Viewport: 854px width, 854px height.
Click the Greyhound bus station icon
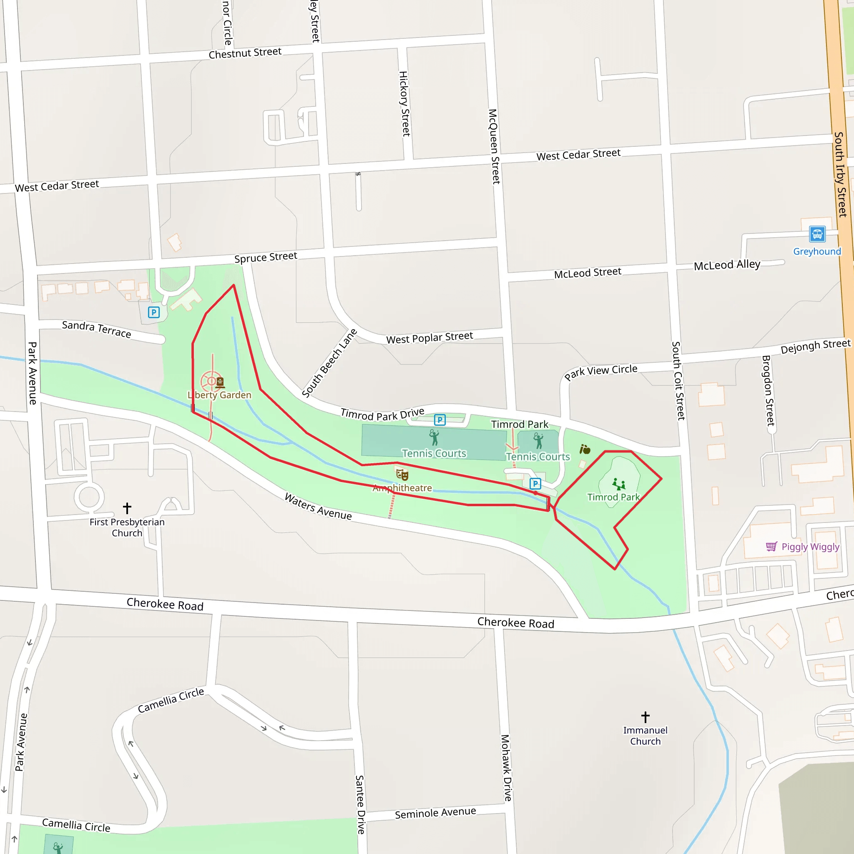click(x=817, y=234)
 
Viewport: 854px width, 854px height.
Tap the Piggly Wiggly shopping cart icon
click(x=771, y=547)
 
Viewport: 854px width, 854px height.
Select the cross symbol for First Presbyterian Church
click(x=127, y=508)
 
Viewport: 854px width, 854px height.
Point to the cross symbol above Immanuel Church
click(x=646, y=716)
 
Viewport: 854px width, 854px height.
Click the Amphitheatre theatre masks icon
click(x=402, y=475)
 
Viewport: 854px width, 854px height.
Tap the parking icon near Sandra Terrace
click(x=154, y=312)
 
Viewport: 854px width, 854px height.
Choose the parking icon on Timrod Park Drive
click(x=440, y=419)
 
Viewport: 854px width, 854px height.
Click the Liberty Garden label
click(x=220, y=395)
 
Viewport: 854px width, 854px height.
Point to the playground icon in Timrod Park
click(x=618, y=484)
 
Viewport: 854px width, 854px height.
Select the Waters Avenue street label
click(x=318, y=506)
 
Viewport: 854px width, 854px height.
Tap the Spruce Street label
click(x=266, y=257)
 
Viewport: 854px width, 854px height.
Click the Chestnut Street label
click(x=245, y=53)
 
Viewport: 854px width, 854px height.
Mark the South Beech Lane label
click(x=329, y=363)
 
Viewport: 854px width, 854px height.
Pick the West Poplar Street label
click(x=430, y=338)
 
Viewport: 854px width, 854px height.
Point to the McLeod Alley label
click(x=727, y=265)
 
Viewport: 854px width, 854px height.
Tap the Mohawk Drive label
click(x=507, y=768)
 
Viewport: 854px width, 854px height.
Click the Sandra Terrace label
click(x=96, y=329)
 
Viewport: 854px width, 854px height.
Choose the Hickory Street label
click(x=404, y=104)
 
